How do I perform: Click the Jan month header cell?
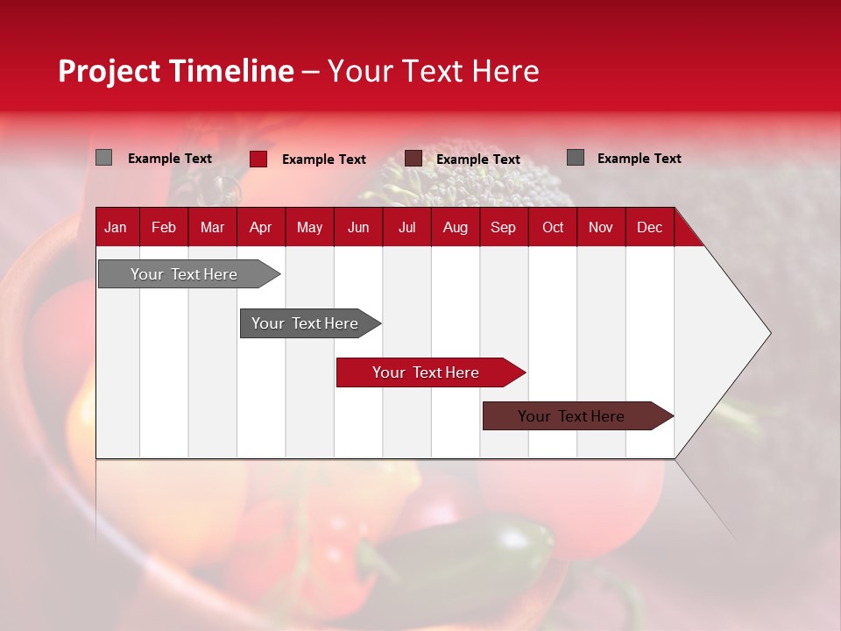pos(117,227)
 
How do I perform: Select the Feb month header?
pos(164,227)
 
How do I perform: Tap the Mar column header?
pos(212,227)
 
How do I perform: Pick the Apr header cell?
pos(261,227)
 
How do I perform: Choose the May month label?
pos(309,227)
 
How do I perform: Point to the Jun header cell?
pos(358,227)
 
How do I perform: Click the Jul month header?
pos(406,227)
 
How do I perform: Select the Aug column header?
pos(456,227)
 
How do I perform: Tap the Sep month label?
pos(504,227)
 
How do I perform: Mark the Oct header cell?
pos(553,227)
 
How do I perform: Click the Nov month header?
pos(601,227)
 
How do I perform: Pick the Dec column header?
pos(650,227)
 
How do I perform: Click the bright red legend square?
pos(258,159)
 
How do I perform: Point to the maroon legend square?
pos(413,158)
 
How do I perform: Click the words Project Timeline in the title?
pos(176,71)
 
